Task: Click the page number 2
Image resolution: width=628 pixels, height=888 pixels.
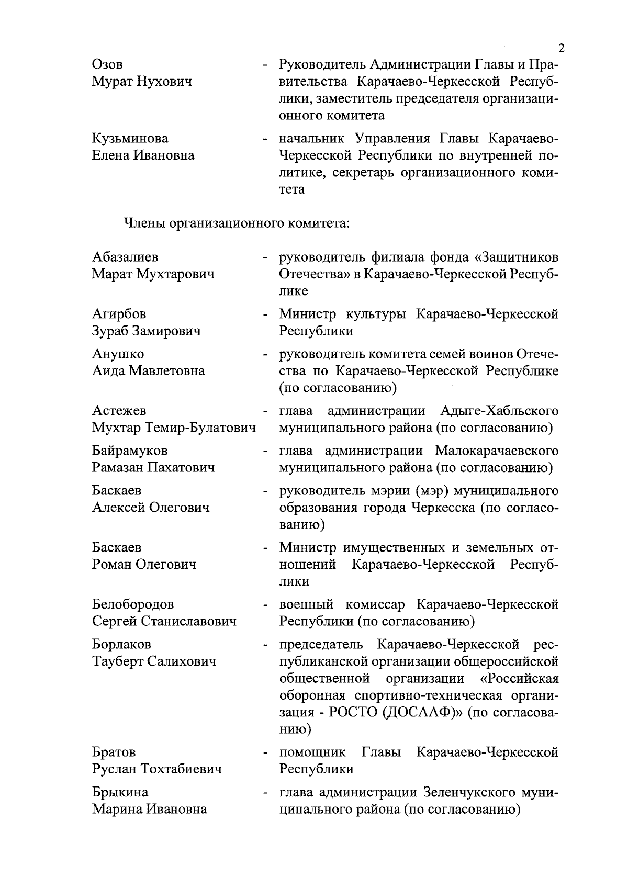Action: tap(562, 49)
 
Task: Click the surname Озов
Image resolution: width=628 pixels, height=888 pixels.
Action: tap(108, 65)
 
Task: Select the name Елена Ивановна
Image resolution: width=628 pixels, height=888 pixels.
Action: tap(143, 155)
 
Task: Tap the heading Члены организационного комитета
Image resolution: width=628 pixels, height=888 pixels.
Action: tap(236, 224)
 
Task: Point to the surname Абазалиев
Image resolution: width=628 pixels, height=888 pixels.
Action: tap(125, 257)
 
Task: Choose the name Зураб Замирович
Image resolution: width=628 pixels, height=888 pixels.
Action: tap(146, 331)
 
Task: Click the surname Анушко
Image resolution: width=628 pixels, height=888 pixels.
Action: tap(118, 354)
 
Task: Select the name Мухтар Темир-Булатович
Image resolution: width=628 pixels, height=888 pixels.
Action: tap(174, 428)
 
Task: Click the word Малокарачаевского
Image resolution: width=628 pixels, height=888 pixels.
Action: tap(496, 451)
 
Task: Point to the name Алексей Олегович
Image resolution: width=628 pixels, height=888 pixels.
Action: tap(151, 508)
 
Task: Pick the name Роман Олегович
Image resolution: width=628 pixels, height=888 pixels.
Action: tap(144, 565)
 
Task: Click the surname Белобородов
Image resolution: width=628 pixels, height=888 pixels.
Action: tap(133, 604)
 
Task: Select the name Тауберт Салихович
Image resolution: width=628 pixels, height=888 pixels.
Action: tap(154, 661)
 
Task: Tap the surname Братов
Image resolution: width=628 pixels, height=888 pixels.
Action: tap(114, 752)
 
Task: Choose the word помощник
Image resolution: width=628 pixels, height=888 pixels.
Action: tap(312, 752)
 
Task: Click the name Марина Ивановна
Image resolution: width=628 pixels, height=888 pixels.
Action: tap(149, 810)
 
